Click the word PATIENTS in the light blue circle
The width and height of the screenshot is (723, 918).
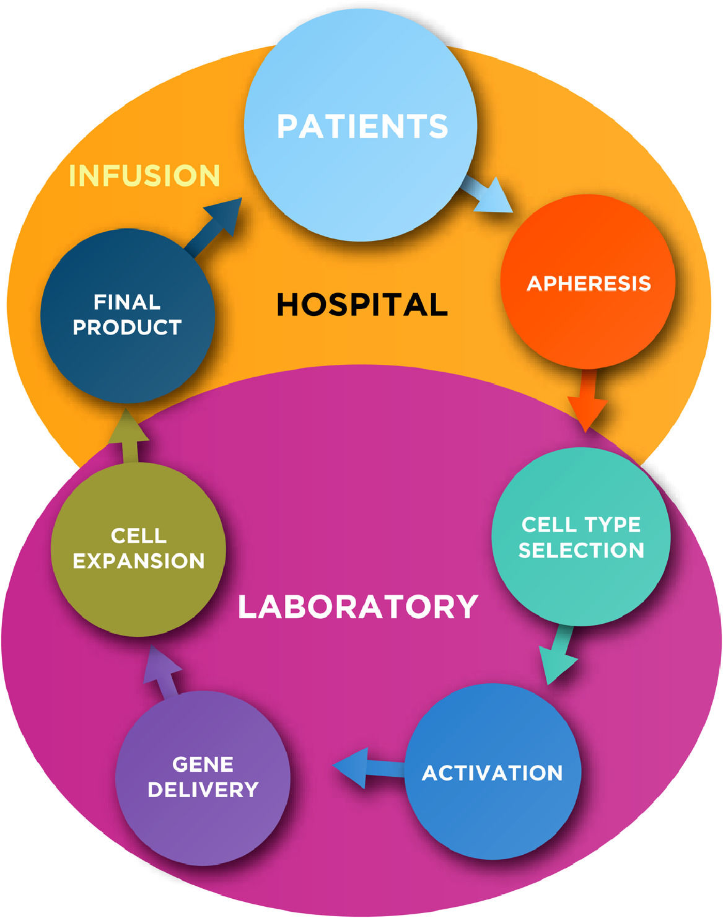tap(362, 126)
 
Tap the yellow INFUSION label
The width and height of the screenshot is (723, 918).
tap(144, 175)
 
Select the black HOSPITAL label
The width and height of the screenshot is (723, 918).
tap(362, 304)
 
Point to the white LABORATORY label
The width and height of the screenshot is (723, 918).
tap(358, 606)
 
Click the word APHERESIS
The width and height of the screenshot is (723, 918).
tap(589, 283)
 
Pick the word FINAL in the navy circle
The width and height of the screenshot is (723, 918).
tap(127, 302)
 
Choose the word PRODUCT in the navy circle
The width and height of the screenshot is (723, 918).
tap(127, 327)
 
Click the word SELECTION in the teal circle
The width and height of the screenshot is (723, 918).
tap(581, 550)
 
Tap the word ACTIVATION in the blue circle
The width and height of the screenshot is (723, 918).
tap(493, 773)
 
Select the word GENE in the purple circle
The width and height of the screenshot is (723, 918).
tap(203, 764)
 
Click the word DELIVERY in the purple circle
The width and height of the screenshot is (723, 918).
tap(203, 790)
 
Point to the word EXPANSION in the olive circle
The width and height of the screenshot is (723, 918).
tap(138, 561)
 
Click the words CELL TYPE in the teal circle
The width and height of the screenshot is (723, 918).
tap(581, 525)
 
